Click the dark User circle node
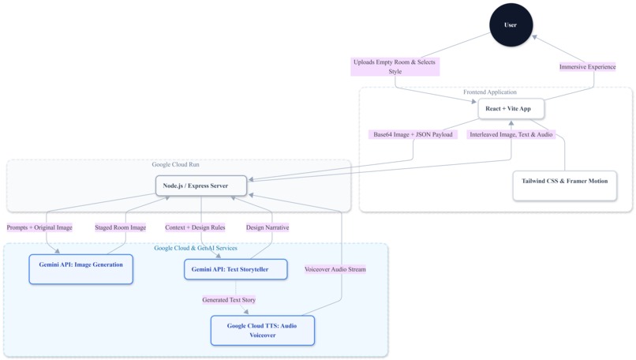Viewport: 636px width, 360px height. click(511, 25)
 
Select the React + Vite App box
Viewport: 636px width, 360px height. click(511, 109)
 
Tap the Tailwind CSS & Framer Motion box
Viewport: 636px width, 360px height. click(564, 182)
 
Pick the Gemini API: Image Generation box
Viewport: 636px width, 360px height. click(81, 265)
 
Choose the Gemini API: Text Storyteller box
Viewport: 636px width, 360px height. click(237, 269)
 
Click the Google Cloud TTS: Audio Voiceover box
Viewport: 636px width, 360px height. click(263, 330)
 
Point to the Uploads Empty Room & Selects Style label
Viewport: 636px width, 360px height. click(395, 66)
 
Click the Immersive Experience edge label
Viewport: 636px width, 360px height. click(587, 67)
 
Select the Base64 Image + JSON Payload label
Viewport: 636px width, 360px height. click(413, 134)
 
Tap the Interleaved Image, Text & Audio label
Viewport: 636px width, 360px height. click(511, 134)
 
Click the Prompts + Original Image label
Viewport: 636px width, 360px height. click(39, 227)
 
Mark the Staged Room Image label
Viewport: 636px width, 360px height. click(121, 227)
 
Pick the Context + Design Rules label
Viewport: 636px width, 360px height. click(195, 227)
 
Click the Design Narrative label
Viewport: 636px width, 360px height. click(267, 227)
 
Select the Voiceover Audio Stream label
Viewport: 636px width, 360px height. click(335, 269)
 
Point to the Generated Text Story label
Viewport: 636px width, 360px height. click(229, 300)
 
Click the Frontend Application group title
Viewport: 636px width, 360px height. click(490, 92)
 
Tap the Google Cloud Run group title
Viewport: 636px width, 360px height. click(175, 165)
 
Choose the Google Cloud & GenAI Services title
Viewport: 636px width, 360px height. click(195, 249)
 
